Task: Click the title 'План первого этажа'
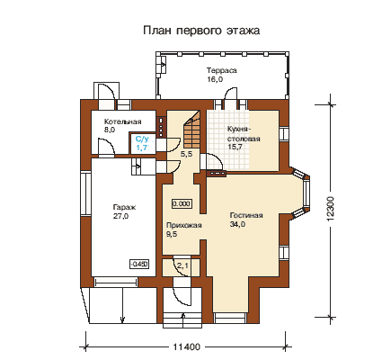point(201,31)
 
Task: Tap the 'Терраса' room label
point(222,70)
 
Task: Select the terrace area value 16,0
point(215,79)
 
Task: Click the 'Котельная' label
point(122,121)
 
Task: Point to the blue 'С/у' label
point(142,139)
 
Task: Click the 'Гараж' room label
point(124,207)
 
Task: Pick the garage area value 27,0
point(120,216)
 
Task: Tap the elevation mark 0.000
point(182,203)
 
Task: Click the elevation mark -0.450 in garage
point(139,264)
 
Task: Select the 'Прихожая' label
point(184,225)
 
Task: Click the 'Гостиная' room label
point(246,215)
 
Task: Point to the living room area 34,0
point(237,224)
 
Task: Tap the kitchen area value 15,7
point(235,147)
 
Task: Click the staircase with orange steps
point(191,132)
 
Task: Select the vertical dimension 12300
point(330,209)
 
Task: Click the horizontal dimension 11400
point(187,347)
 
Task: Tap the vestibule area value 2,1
point(183,265)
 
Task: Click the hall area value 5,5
point(186,155)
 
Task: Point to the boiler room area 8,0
point(110,130)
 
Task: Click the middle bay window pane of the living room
point(306,193)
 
